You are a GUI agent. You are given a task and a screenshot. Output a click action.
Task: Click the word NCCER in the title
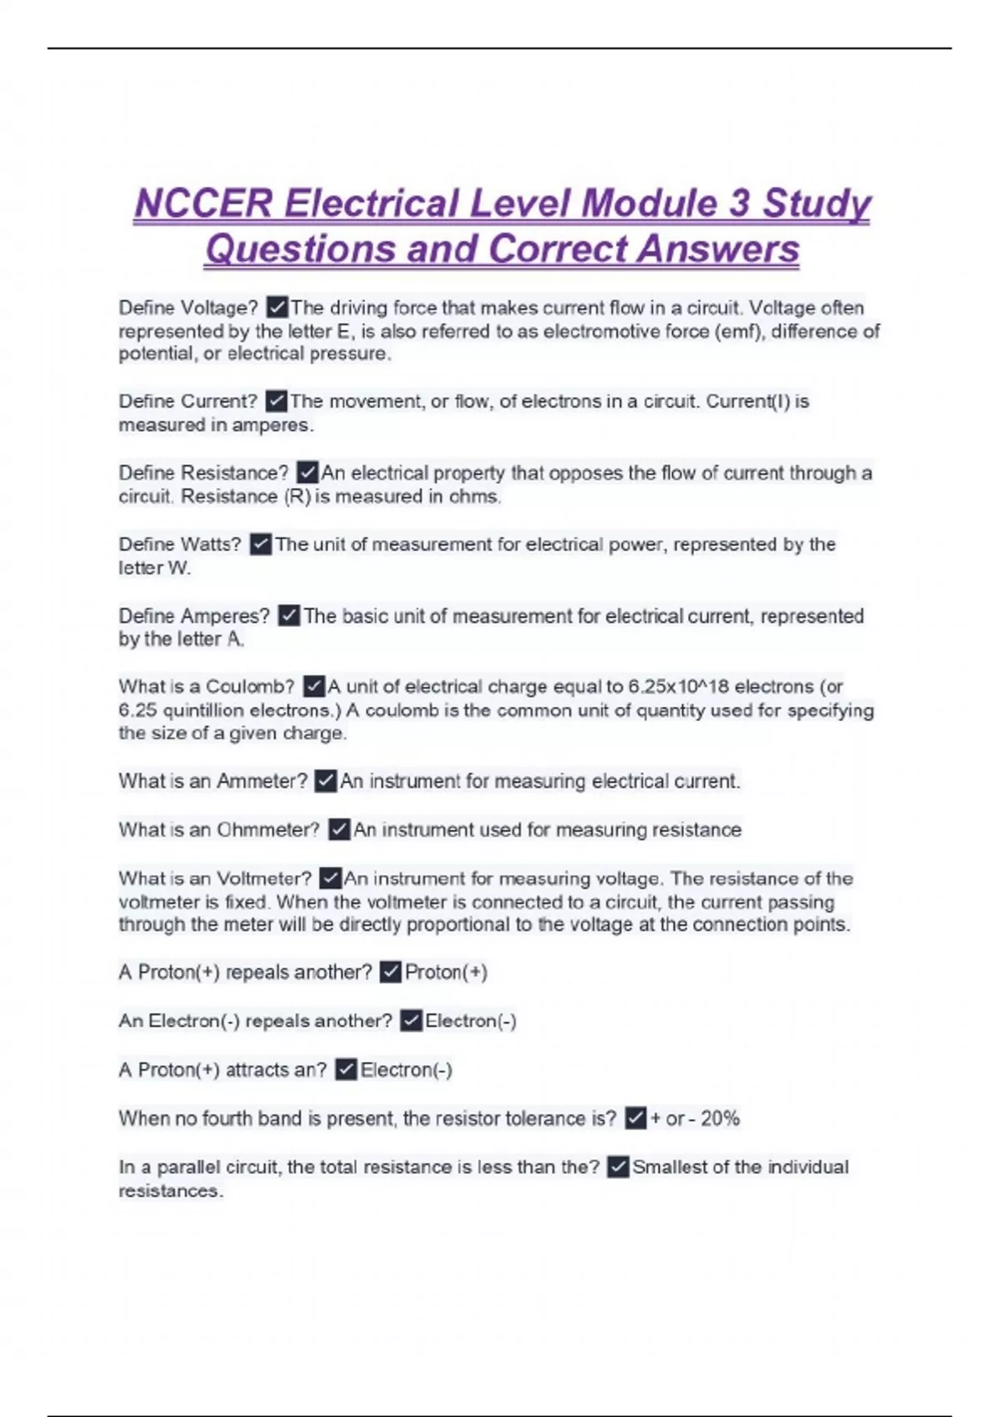point(203,204)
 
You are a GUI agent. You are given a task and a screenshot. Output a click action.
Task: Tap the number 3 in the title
point(738,204)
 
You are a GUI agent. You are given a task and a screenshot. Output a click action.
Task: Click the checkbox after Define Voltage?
point(277,308)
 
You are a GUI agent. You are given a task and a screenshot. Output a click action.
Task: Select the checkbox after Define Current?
point(276,402)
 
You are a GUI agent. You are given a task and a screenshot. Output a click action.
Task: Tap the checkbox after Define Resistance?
point(307,473)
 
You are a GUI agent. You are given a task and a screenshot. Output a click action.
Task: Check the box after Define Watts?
point(261,544)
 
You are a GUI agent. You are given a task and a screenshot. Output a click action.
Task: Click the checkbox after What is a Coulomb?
point(313,687)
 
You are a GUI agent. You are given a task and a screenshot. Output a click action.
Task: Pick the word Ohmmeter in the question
point(268,830)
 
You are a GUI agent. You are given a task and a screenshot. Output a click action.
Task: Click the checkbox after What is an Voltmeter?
point(331,879)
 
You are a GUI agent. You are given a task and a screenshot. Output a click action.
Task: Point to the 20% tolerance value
point(720,1119)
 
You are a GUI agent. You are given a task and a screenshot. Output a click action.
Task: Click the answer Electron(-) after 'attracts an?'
point(406,1070)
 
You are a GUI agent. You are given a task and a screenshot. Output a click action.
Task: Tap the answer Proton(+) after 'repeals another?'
point(446,973)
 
